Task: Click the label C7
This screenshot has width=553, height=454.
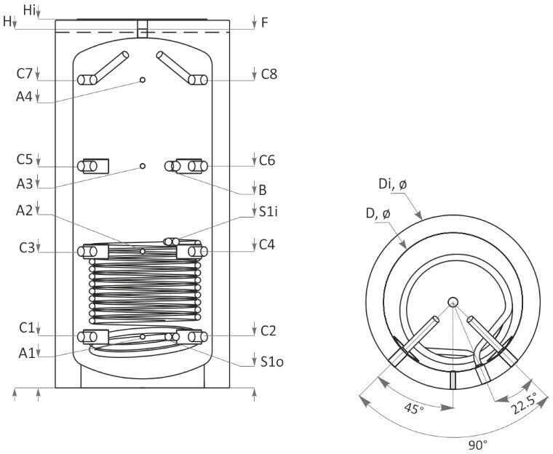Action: (24, 73)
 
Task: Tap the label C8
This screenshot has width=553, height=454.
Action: (268, 74)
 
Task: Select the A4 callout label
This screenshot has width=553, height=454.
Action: (24, 96)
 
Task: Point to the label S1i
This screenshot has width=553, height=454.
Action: (268, 212)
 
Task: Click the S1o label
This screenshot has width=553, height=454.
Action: (272, 362)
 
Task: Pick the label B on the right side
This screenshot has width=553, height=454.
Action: (263, 190)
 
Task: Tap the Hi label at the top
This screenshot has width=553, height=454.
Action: (29, 10)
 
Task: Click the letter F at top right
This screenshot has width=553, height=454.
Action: (265, 23)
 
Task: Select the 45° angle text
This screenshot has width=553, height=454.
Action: (414, 408)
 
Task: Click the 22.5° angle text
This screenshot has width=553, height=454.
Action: (524, 403)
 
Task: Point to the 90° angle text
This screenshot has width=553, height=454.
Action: (478, 444)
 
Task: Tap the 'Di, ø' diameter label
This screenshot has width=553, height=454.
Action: (393, 184)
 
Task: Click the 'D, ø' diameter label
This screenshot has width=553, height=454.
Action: (378, 213)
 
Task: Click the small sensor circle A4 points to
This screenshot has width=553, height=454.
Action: (143, 80)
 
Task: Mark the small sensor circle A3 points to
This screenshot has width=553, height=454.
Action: (143, 166)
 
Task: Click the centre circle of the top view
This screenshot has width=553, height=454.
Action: (453, 302)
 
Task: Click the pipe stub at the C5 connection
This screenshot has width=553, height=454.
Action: (92, 166)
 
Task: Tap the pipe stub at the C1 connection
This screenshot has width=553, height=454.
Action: (92, 337)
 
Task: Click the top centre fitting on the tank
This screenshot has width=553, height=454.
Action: (142, 29)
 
